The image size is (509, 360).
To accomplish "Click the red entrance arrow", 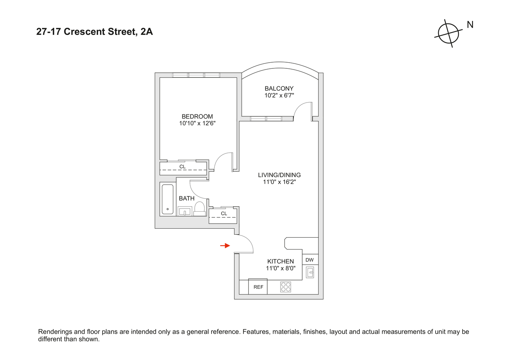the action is click(x=225, y=246).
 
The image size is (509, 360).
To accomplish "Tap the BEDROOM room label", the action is click(x=197, y=116).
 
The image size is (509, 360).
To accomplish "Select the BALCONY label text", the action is click(x=279, y=88).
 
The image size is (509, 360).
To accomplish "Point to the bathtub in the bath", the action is click(x=168, y=199).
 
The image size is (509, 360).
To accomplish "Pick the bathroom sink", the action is click(x=185, y=211).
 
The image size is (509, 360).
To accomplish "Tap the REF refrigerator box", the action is click(x=258, y=287).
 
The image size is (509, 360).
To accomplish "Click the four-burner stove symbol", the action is click(x=286, y=287).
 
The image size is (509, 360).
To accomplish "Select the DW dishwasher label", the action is click(x=309, y=260).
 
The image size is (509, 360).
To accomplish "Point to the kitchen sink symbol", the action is click(x=310, y=272).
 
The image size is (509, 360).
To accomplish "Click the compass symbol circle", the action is click(x=448, y=33).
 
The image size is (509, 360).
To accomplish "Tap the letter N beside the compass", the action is click(x=470, y=25).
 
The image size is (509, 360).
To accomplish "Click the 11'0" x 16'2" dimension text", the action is click(x=279, y=182).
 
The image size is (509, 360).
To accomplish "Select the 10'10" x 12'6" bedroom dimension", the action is click(x=197, y=123).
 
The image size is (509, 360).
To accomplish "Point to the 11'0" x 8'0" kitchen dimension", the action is click(x=281, y=268).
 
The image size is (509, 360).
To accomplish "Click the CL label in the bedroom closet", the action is click(x=183, y=167).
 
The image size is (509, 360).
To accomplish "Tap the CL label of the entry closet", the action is click(x=224, y=213).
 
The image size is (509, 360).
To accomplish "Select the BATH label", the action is click(x=187, y=198).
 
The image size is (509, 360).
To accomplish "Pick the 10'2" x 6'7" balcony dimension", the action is click(x=279, y=95).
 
